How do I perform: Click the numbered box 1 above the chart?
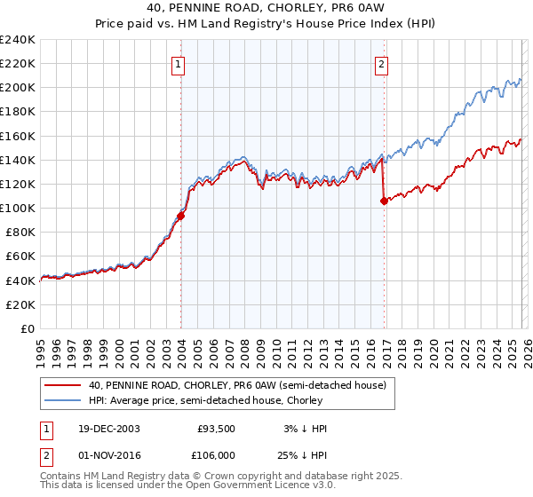179,64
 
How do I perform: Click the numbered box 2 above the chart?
381,64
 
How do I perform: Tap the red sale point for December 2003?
180,216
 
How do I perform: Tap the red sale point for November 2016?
384,201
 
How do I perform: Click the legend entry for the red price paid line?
236,385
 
